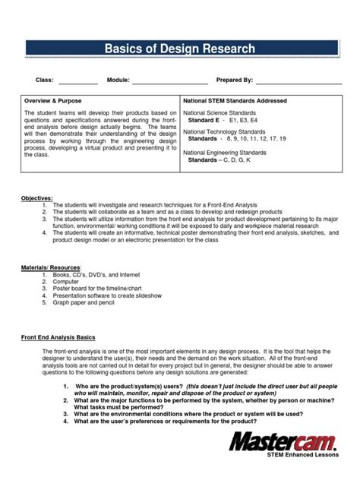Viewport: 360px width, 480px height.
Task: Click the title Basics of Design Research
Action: (x=180, y=49)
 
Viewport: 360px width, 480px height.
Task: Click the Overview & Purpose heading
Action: (x=52, y=100)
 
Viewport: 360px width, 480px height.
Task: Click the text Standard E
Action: (x=204, y=120)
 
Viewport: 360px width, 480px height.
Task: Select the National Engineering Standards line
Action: (x=227, y=153)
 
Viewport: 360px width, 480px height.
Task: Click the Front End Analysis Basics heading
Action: (x=58, y=336)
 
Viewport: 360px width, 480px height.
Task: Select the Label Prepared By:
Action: (x=234, y=80)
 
